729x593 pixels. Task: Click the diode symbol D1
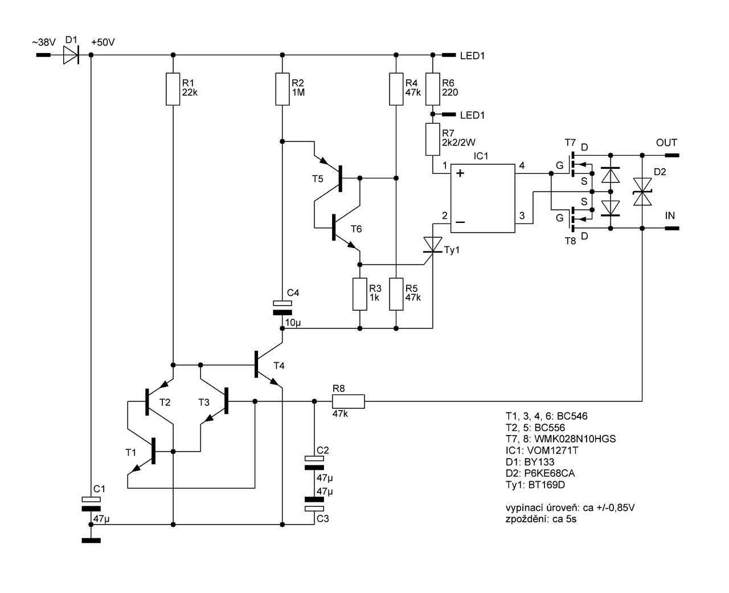pyautogui.click(x=70, y=55)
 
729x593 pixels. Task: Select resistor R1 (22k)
pyautogui.click(x=173, y=88)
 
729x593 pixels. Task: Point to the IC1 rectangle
pyautogui.click(x=483, y=198)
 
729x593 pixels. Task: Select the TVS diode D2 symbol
pyautogui.click(x=642, y=191)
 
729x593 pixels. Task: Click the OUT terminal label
pyautogui.click(x=666, y=143)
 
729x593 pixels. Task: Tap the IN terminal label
pyautogui.click(x=670, y=216)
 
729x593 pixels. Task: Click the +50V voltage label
pyautogui.click(x=103, y=43)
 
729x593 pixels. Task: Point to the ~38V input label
pyautogui.click(x=44, y=43)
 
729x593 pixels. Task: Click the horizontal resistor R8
pyautogui.click(x=348, y=401)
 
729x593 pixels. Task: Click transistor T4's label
pyautogui.click(x=279, y=365)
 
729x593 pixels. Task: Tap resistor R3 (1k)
pyautogui.click(x=359, y=294)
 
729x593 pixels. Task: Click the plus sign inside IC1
pyautogui.click(x=460, y=173)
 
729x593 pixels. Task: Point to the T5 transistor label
pyautogui.click(x=317, y=179)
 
